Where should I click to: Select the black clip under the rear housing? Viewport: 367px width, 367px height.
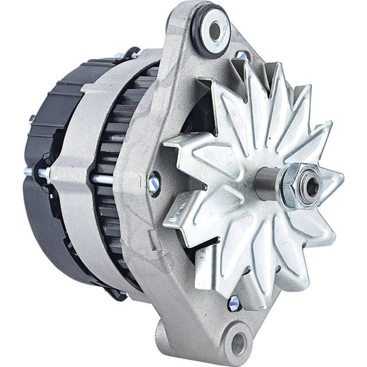coord(118,295)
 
